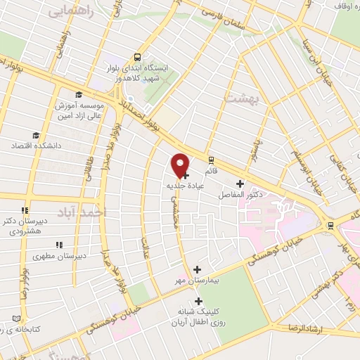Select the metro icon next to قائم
point(211,161)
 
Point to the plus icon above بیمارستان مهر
point(197,269)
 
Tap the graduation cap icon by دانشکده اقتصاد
point(34,136)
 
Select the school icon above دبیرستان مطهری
point(60,245)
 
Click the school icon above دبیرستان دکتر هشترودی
point(25,209)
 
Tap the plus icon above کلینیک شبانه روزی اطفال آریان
point(198,301)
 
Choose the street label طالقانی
point(90,169)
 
